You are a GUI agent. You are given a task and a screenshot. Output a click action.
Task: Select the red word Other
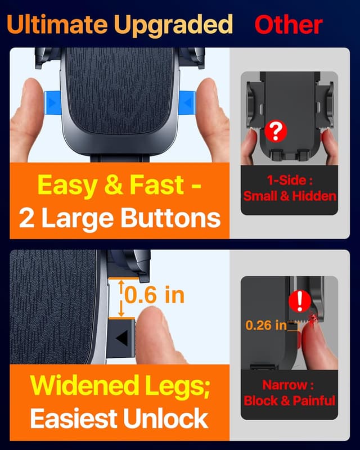288,25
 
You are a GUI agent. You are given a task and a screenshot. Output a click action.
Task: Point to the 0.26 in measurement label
265,325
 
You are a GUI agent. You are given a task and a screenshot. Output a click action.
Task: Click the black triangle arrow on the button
122,337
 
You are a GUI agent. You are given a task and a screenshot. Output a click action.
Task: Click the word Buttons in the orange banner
172,218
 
